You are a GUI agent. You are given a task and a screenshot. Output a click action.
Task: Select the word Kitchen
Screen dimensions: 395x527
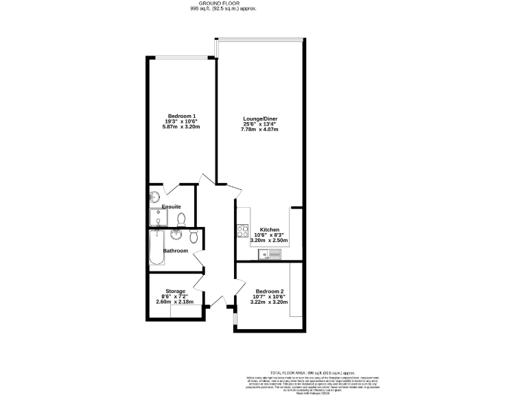tap(269, 230)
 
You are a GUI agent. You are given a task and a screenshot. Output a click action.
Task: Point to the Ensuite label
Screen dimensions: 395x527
tap(171, 206)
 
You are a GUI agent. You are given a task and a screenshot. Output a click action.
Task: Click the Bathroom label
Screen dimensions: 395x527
tap(175, 251)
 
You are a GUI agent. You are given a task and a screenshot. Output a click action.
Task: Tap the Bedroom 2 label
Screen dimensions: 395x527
tap(267, 291)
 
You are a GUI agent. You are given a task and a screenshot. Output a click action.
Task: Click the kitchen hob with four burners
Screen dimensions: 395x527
tap(242, 231)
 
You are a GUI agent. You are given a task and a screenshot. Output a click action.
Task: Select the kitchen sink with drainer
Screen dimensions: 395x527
tap(270, 255)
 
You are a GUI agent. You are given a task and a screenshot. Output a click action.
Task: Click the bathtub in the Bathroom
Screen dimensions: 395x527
tap(156, 248)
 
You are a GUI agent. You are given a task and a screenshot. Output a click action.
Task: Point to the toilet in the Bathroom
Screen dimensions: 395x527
tap(194, 237)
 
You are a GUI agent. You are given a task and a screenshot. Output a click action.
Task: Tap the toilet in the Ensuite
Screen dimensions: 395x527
tap(182, 219)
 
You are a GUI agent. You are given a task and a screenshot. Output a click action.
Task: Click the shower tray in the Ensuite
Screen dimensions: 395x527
tap(159, 218)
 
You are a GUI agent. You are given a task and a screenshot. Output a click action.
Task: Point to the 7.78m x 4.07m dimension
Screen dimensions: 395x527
tap(259, 130)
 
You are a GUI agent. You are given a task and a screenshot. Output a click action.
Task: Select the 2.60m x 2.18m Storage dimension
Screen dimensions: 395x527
tap(175, 302)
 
